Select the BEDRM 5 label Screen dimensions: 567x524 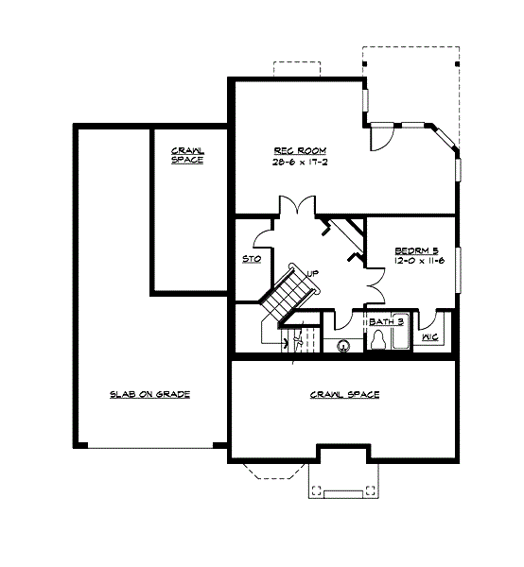click(x=413, y=251)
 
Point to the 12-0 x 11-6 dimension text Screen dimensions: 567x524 click(x=413, y=263)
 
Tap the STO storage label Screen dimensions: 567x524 click(x=252, y=259)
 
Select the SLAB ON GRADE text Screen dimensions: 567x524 click(x=149, y=393)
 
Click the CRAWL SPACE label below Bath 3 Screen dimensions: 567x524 click(x=344, y=393)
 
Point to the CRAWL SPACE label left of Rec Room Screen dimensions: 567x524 click(x=187, y=155)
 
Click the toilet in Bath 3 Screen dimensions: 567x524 click(x=379, y=343)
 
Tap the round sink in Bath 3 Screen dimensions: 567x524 click(x=343, y=345)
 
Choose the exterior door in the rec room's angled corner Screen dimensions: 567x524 click(x=378, y=138)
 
